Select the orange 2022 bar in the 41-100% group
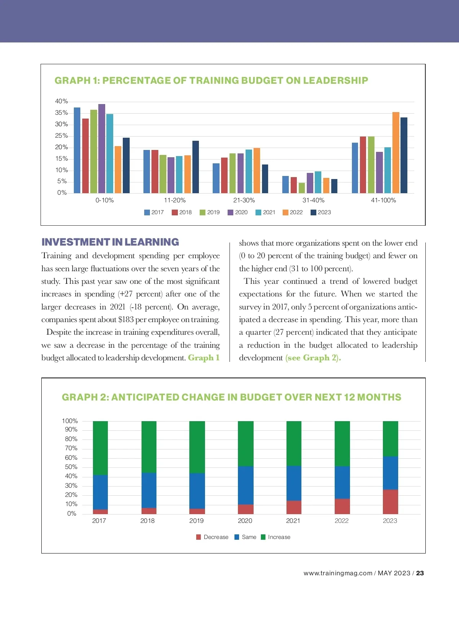(396, 153)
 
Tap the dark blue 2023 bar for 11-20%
(195, 167)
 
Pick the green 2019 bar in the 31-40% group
(302, 188)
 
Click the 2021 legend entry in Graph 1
(265, 212)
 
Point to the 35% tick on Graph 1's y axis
(61, 113)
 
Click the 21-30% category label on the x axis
(244, 200)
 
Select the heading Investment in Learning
(110, 242)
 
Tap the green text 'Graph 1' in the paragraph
(203, 358)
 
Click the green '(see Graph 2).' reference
(313, 358)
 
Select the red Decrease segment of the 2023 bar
(390, 501)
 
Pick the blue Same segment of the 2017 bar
(100, 492)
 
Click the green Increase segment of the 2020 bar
(246, 444)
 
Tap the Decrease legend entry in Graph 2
(212, 537)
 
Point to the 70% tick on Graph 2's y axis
(71, 448)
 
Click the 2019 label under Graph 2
(197, 521)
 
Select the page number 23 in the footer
(420, 573)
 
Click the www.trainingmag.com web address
(338, 573)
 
